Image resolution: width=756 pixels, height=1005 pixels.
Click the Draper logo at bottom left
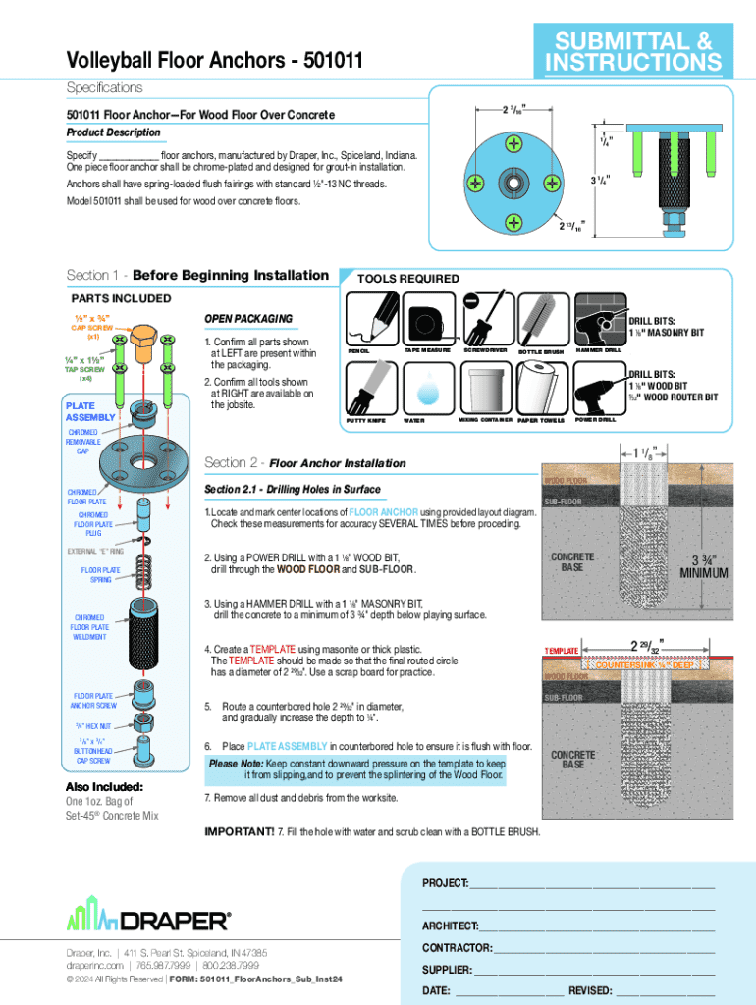click(x=148, y=920)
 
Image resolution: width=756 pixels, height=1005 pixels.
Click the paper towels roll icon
click(x=540, y=388)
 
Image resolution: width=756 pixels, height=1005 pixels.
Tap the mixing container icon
click(x=484, y=388)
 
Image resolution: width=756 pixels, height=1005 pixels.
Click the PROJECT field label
click(x=445, y=883)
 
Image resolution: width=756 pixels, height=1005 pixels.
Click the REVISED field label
click(x=590, y=990)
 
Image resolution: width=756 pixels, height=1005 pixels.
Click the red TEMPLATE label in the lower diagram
click(x=563, y=651)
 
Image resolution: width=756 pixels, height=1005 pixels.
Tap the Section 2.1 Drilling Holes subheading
click(x=292, y=489)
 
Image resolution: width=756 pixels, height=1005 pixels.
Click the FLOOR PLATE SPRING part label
click(x=96, y=575)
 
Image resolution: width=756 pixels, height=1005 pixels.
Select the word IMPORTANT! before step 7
click(x=239, y=832)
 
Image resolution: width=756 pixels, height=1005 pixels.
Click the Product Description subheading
click(x=113, y=132)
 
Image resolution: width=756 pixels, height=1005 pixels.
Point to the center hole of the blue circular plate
click(x=513, y=183)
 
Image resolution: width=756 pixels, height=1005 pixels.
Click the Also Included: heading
click(x=105, y=786)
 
